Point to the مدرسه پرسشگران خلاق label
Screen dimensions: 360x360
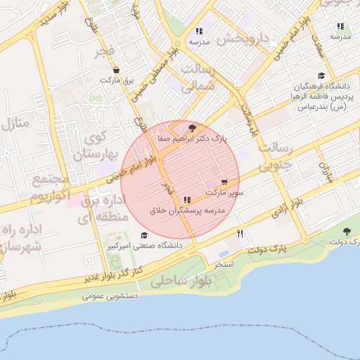[187, 210]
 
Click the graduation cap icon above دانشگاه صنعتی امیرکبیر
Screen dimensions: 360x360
[144, 236]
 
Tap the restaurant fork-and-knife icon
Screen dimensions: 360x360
[240, 234]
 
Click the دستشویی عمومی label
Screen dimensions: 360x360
[108, 297]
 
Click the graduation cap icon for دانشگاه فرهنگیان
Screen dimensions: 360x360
[321, 75]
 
